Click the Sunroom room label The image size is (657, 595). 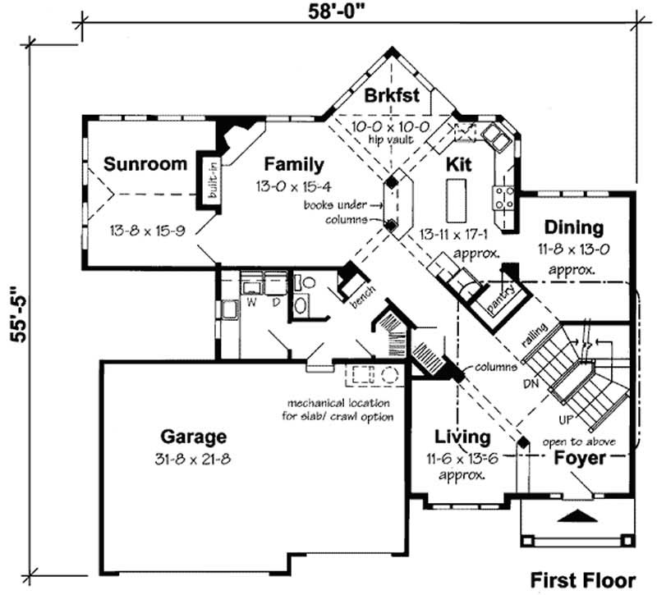(145, 164)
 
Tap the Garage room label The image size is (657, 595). (193, 437)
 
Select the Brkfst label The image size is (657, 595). (392, 95)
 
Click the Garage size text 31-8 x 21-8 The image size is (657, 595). (193, 458)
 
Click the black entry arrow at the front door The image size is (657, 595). (578, 516)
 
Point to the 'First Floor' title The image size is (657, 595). (582, 579)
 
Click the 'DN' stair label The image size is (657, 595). (531, 383)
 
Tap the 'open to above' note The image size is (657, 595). (579, 442)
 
